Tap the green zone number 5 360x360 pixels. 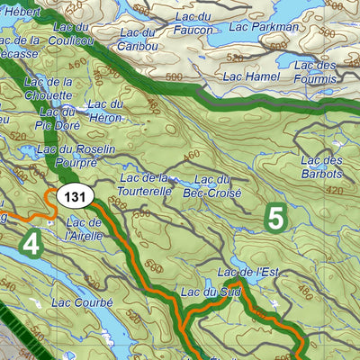(x=275, y=218)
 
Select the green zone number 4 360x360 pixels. (x=32, y=243)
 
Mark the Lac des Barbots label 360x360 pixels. (x=323, y=167)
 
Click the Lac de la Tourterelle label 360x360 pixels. (x=144, y=185)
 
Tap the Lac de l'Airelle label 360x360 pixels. (x=85, y=229)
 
